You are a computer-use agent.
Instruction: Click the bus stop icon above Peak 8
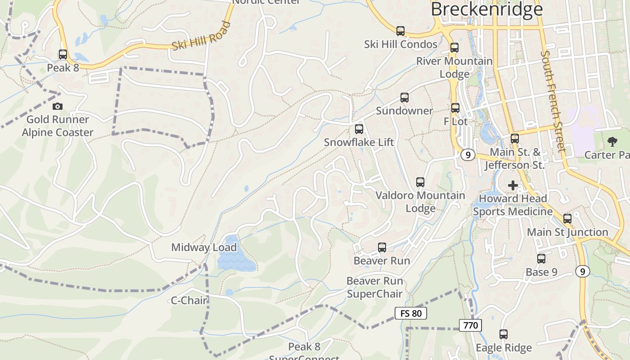point(63,54)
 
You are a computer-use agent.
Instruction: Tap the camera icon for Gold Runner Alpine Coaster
point(58,107)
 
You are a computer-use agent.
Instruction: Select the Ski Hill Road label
point(202,36)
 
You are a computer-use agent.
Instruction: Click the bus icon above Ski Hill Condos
point(400,31)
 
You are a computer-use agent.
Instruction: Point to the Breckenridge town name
point(487,9)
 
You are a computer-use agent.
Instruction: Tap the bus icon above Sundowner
point(405,98)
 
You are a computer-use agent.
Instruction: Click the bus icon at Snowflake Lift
point(359,129)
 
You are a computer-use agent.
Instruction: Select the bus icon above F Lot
point(455,108)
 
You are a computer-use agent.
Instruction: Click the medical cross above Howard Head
point(513,185)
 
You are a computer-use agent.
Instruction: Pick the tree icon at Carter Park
point(612,142)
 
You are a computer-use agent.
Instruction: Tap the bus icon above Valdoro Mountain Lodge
point(420,182)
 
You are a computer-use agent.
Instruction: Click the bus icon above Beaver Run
point(382,247)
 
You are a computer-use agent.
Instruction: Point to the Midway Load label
point(204,247)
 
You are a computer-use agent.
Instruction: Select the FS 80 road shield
point(410,313)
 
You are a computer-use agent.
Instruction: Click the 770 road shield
point(471,325)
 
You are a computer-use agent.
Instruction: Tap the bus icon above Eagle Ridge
point(504,334)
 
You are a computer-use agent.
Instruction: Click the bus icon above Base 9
point(541,259)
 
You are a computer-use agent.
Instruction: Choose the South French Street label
point(553,101)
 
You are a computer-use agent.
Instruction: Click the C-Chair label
point(189,301)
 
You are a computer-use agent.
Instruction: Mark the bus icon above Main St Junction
point(567,219)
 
